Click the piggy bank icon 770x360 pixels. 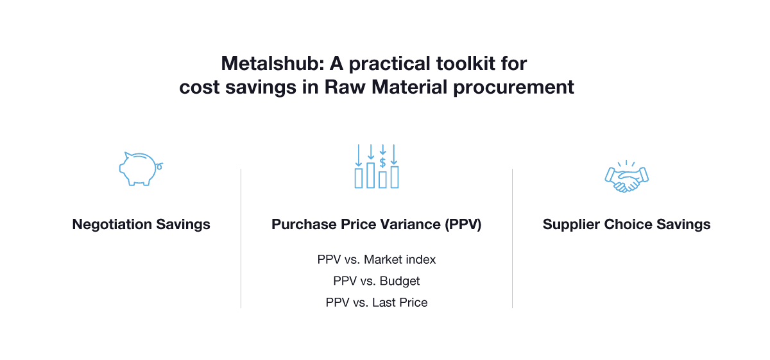tap(139, 169)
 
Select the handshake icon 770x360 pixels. tap(626, 175)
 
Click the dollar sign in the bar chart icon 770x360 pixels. tap(382, 162)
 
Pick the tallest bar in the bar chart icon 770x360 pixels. tap(370, 175)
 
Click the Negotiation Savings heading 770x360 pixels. tap(141, 225)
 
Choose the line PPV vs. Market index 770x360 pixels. tap(377, 260)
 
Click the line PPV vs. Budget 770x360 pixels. tap(377, 281)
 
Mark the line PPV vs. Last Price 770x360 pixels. tap(377, 302)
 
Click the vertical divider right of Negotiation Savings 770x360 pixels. tap(241, 238)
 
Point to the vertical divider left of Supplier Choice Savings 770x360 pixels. tap(512, 238)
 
